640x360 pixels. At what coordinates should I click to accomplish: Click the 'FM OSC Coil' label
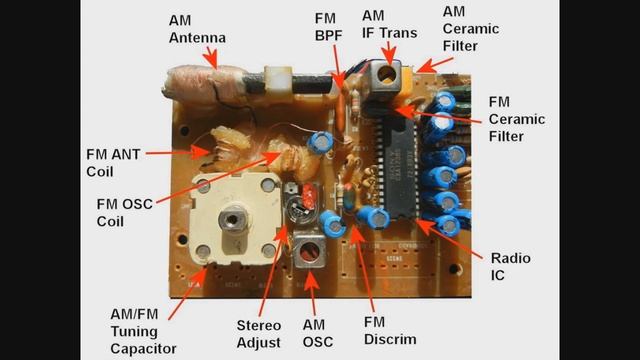[x=125, y=212]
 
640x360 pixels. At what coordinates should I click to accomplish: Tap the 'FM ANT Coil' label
[x=113, y=162]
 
